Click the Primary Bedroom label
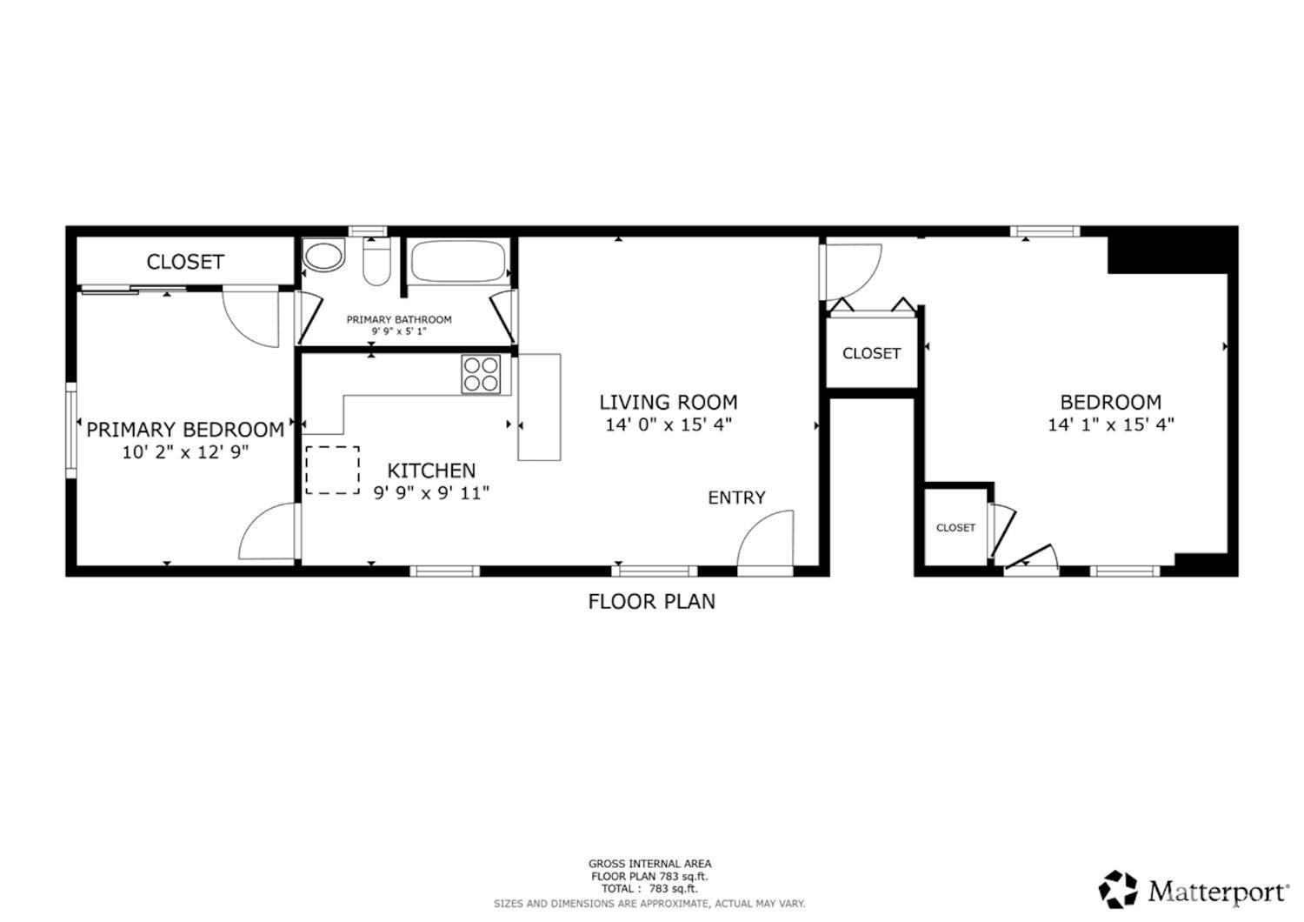(184, 430)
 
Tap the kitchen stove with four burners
(481, 374)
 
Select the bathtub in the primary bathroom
(457, 262)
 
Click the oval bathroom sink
(323, 257)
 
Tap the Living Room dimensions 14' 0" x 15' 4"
(669, 425)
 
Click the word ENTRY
(736, 498)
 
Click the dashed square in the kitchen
(332, 471)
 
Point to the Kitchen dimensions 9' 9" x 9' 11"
(431, 493)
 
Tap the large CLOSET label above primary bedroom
(185, 262)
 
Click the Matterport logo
(1194, 890)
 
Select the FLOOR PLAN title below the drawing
(651, 601)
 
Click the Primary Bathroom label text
(399, 320)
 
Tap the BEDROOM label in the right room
(1110, 403)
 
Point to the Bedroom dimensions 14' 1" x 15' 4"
(1110, 425)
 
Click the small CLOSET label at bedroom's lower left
(955, 528)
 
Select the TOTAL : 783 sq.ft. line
(649, 889)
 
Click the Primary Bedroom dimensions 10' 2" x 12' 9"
(185, 452)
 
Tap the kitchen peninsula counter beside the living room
(539, 406)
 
